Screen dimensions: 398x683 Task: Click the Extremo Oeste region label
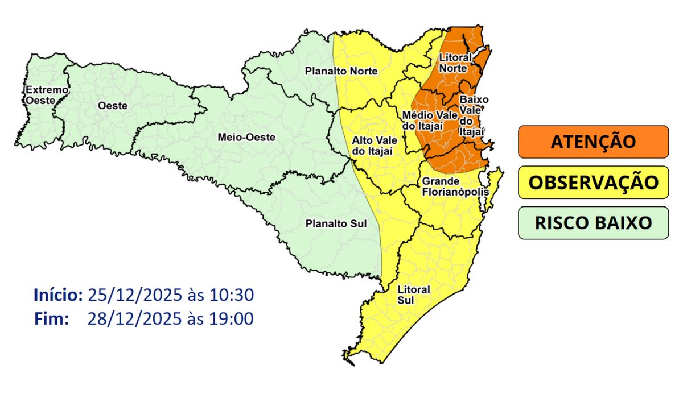pyautogui.click(x=39, y=95)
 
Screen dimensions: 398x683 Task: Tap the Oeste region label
pyautogui.click(x=112, y=106)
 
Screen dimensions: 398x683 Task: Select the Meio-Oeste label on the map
pyautogui.click(x=246, y=137)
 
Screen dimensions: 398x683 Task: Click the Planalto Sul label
pyautogui.click(x=335, y=223)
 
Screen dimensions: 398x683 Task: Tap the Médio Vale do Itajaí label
pyautogui.click(x=422, y=120)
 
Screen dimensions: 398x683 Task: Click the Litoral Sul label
pyautogui.click(x=414, y=294)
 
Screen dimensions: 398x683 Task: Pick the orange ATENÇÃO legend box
pyautogui.click(x=593, y=142)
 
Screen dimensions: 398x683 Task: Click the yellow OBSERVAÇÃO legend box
pyautogui.click(x=593, y=182)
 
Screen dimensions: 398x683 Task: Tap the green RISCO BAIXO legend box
pyautogui.click(x=593, y=222)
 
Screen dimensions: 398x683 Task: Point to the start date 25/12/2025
pyautogui.click(x=134, y=295)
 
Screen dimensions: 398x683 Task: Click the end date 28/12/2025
pyautogui.click(x=134, y=318)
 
